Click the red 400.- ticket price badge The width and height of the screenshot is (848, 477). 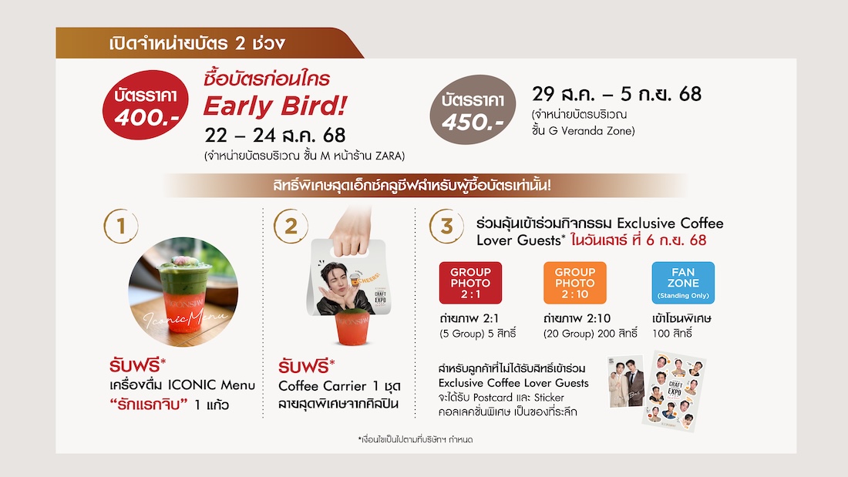coord(146,105)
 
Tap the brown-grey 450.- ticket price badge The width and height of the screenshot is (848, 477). coord(473,109)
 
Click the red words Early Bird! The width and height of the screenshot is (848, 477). coord(274,106)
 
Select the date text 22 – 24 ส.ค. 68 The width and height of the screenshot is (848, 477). coord(274,135)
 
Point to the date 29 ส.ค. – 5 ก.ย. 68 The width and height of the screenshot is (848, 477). coord(617,94)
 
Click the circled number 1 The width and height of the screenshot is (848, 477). coord(120,226)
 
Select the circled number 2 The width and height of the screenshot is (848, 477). coord(291,226)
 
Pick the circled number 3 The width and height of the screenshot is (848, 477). coord(446,226)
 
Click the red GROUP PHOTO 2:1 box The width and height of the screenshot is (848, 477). coord(470,283)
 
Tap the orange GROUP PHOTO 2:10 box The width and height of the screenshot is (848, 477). coord(575,283)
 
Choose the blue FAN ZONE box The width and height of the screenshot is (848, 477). coord(683,283)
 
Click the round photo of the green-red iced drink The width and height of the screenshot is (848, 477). coord(183,292)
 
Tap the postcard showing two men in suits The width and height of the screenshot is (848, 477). coord(626,381)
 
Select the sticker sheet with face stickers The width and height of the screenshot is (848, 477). coord(674,391)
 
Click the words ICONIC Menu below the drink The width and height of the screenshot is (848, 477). coord(211,385)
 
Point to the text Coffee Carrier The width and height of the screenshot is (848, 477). coord(322,386)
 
